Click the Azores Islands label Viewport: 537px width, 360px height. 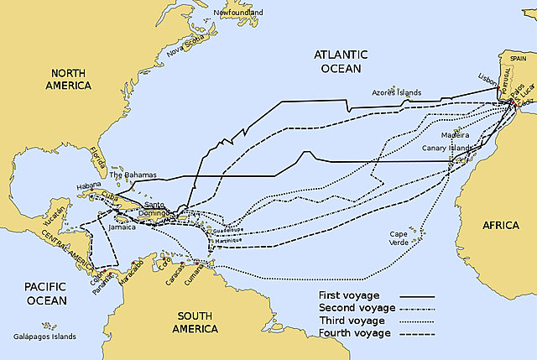[395, 92]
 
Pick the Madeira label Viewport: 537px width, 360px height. [456, 133]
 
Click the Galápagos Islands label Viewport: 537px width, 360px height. [40, 336]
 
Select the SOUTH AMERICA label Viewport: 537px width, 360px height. [195, 322]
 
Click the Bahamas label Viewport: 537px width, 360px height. [133, 175]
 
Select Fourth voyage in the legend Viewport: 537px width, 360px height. [354, 333]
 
